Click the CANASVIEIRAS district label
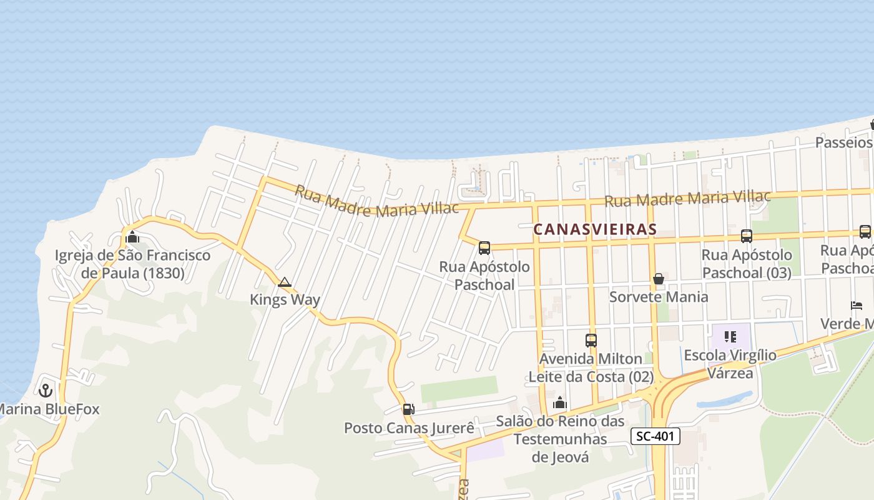point(595,229)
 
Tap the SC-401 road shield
point(655,436)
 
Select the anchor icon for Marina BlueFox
point(45,391)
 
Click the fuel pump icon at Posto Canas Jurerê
point(408,409)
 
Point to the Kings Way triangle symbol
point(285,282)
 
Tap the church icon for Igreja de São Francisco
point(132,237)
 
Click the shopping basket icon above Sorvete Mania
point(658,279)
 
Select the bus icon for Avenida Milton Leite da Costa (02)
point(591,341)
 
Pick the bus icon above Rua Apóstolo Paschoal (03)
point(746,236)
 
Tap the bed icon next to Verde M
point(856,306)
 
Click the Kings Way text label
point(285,299)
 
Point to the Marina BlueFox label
point(49,410)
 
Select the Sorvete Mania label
point(659,296)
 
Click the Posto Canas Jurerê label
point(409,428)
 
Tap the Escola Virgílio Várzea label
point(730,364)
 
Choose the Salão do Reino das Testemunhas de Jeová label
point(560,439)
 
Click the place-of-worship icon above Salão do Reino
point(560,402)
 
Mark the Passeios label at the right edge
point(843,142)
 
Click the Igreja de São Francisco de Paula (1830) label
point(132,264)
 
